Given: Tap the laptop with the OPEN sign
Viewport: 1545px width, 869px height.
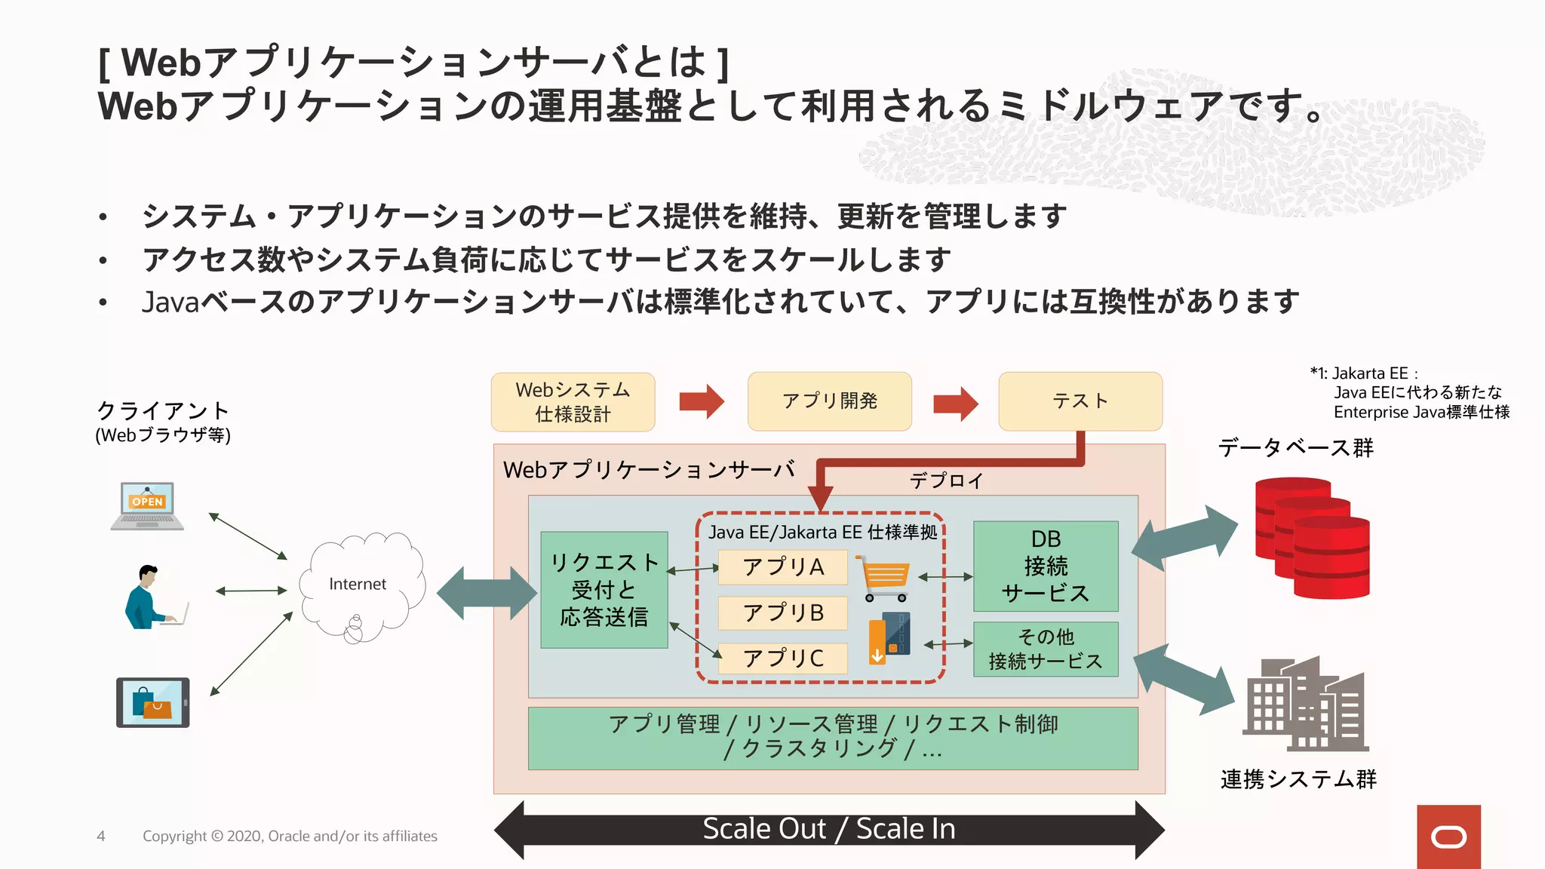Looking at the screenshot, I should coord(147,505).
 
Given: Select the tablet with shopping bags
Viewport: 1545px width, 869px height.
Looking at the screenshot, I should coord(152,702).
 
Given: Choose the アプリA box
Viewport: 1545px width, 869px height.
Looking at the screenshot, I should coord(783,567).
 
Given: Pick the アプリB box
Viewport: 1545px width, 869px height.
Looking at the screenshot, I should coord(783,613).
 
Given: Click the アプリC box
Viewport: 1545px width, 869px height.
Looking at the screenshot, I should coord(783,658).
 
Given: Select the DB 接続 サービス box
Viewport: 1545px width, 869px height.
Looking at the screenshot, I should coord(1046,566).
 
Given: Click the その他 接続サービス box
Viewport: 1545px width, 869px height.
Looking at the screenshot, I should coord(1046,649).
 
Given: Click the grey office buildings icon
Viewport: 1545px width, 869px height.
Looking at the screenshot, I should coord(1305,705).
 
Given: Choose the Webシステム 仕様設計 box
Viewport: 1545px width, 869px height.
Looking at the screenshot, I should coord(573,401).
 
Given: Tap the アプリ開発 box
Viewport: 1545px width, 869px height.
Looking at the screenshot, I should coord(829,401).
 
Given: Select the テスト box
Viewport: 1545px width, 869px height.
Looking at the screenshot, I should coord(1080,401).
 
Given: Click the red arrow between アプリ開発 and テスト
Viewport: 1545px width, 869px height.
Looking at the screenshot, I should coord(955,403).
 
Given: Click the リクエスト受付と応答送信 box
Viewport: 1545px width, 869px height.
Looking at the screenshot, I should coord(604,590).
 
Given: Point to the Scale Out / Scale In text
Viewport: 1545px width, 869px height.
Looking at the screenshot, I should coord(828,829).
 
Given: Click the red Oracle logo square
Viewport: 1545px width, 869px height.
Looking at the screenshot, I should coord(1448,837).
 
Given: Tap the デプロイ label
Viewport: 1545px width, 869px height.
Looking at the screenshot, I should coord(946,481).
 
